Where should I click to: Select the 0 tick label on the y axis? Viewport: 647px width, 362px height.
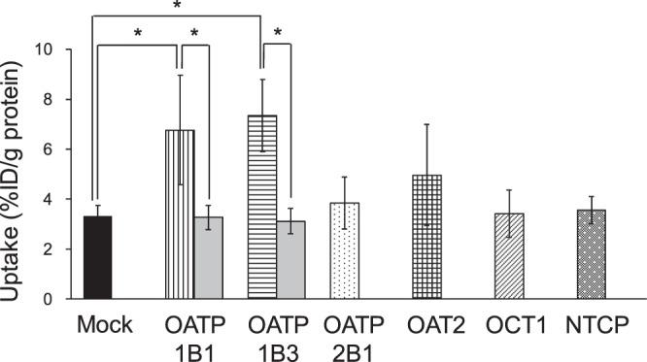pyautogui.click(x=60, y=299)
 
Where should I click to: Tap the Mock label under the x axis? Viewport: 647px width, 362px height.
pyautogui.click(x=98, y=322)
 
